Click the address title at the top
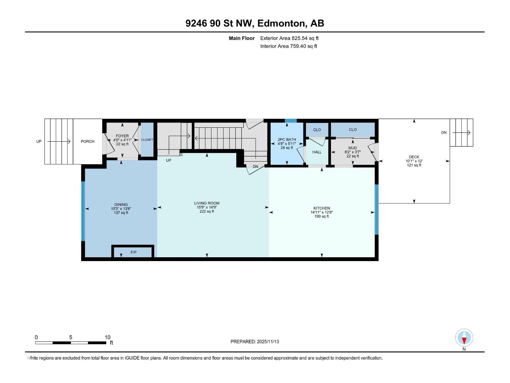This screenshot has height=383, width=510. tap(255, 23)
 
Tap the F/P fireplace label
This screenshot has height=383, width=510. tap(134, 252)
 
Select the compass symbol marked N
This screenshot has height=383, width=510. tap(464, 338)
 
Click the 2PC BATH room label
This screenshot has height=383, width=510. tap(287, 139)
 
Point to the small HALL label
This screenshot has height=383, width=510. tap(317, 152)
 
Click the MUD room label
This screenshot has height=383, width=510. tap(353, 148)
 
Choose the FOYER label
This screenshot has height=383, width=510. tap(122, 136)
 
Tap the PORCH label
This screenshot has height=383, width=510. tap(87, 141)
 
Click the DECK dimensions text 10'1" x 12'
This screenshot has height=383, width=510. tap(414, 161)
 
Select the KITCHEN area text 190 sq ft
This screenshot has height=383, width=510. tap(322, 216)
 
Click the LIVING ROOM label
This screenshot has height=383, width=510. tap(207, 203)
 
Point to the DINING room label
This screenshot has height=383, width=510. tap(121, 205)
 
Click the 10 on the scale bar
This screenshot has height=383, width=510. tap(107, 337)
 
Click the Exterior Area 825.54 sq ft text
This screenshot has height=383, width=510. tap(289, 38)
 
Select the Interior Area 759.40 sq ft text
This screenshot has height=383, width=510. tap(288, 46)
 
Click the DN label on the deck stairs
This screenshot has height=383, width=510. tap(444, 133)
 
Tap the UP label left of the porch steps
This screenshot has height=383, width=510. tap(39, 141)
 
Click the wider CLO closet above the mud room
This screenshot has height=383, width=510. tap(353, 130)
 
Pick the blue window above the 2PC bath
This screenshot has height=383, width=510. tap(290, 121)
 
